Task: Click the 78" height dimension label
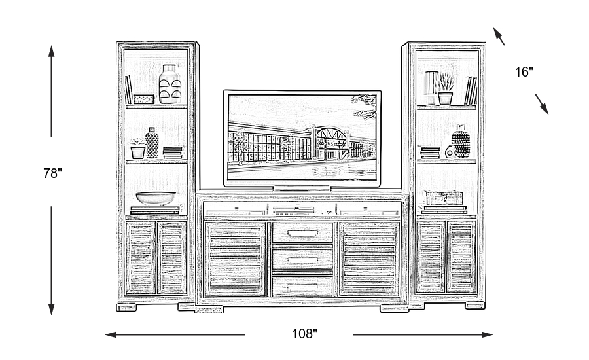pyautogui.click(x=53, y=173)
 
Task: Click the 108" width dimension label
pyautogui.click(x=304, y=334)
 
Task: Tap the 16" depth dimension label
pyautogui.click(x=524, y=72)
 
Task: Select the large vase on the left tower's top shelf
pyautogui.click(x=169, y=84)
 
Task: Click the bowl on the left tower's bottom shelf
pyautogui.click(x=156, y=198)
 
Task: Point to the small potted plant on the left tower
pyautogui.click(x=137, y=149)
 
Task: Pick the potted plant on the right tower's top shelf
pyautogui.click(x=445, y=89)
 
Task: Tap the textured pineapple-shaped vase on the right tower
pyautogui.click(x=461, y=144)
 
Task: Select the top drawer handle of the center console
pyautogui.click(x=302, y=232)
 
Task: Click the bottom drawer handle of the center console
pyautogui.click(x=302, y=286)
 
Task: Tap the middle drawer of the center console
pyautogui.click(x=302, y=257)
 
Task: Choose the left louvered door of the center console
pyautogui.click(x=236, y=259)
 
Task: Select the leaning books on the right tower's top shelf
pyautogui.click(x=470, y=91)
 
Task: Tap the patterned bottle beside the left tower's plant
pyautogui.click(x=152, y=143)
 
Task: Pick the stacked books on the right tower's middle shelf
pyautogui.click(x=430, y=153)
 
